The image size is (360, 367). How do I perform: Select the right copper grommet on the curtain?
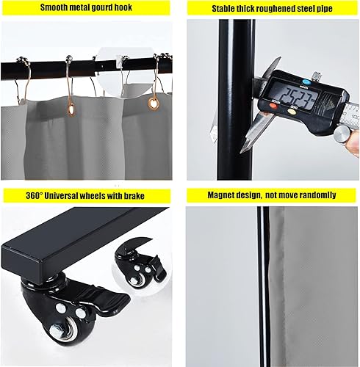(x=156, y=103)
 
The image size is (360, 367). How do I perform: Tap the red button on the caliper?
(x=273, y=105)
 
